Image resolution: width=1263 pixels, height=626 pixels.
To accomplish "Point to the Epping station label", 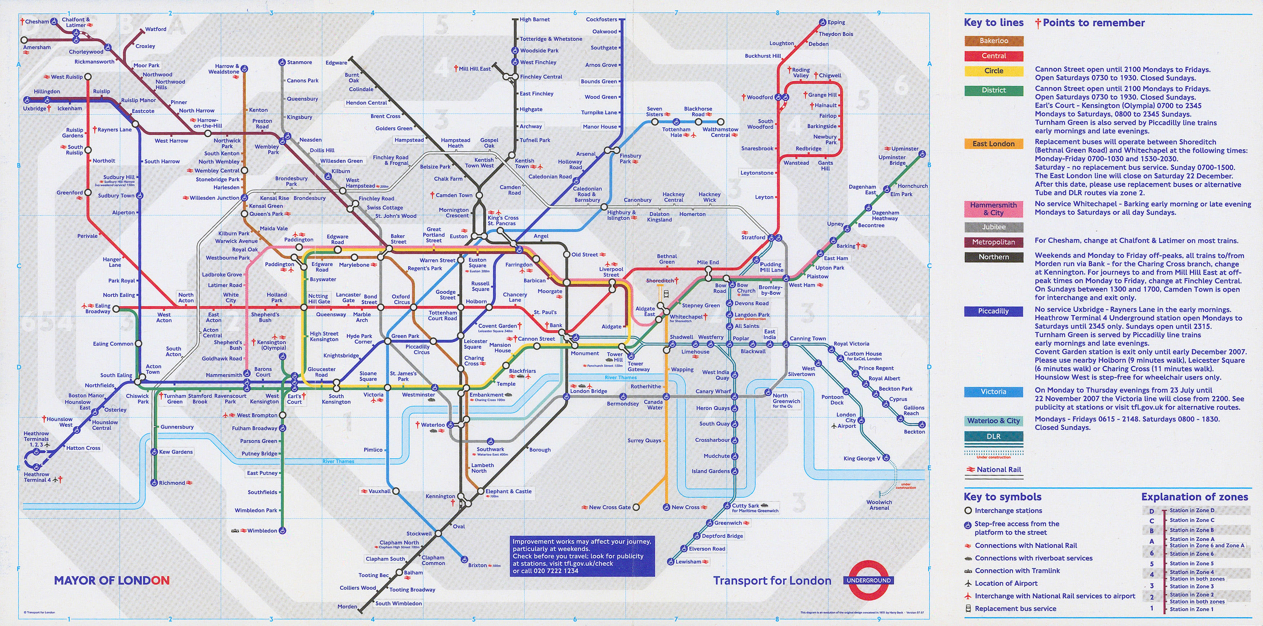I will pyautogui.click(x=836, y=22).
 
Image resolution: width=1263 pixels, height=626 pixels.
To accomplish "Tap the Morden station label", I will pyautogui.click(x=347, y=607).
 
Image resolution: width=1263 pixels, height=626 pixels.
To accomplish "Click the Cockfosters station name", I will pyautogui.click(x=601, y=19).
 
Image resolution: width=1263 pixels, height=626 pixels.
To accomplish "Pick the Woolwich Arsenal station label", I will pyautogui.click(x=879, y=505).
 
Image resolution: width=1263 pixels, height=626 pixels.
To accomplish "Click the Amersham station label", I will pyautogui.click(x=37, y=47).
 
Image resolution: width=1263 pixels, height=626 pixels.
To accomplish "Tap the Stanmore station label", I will pyautogui.click(x=299, y=62).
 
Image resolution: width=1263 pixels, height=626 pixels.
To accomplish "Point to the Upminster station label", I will pyautogui.click(x=905, y=149).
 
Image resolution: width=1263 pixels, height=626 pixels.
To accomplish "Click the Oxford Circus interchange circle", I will pyautogui.click(x=413, y=308).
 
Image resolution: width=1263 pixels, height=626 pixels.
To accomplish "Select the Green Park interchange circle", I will pyautogui.click(x=387, y=341).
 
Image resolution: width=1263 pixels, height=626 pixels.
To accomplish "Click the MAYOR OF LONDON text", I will pyautogui.click(x=112, y=580).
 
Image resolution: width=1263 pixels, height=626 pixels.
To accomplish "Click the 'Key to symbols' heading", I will pyautogui.click(x=1002, y=497).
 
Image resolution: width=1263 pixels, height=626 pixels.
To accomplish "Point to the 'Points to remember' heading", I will pyautogui.click(x=1093, y=23).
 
